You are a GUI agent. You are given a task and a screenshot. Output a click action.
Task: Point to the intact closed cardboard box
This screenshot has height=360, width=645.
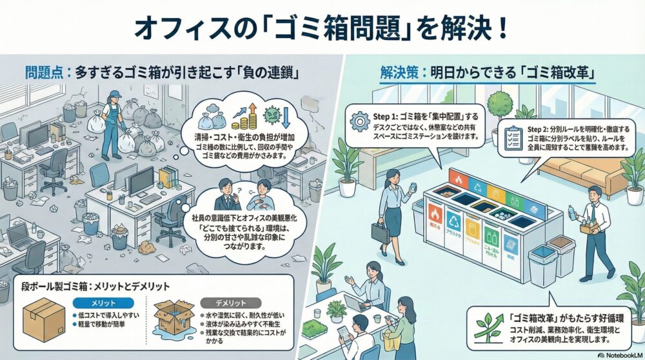pyautogui.click(x=43, y=319)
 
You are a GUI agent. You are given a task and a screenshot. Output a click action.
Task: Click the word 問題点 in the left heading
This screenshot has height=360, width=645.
pyautogui.click(x=45, y=72)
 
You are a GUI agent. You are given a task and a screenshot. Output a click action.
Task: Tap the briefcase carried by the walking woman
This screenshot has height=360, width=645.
pyautogui.click(x=380, y=232)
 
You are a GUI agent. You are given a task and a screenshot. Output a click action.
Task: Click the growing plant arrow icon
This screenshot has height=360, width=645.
pyautogui.click(x=490, y=327)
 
